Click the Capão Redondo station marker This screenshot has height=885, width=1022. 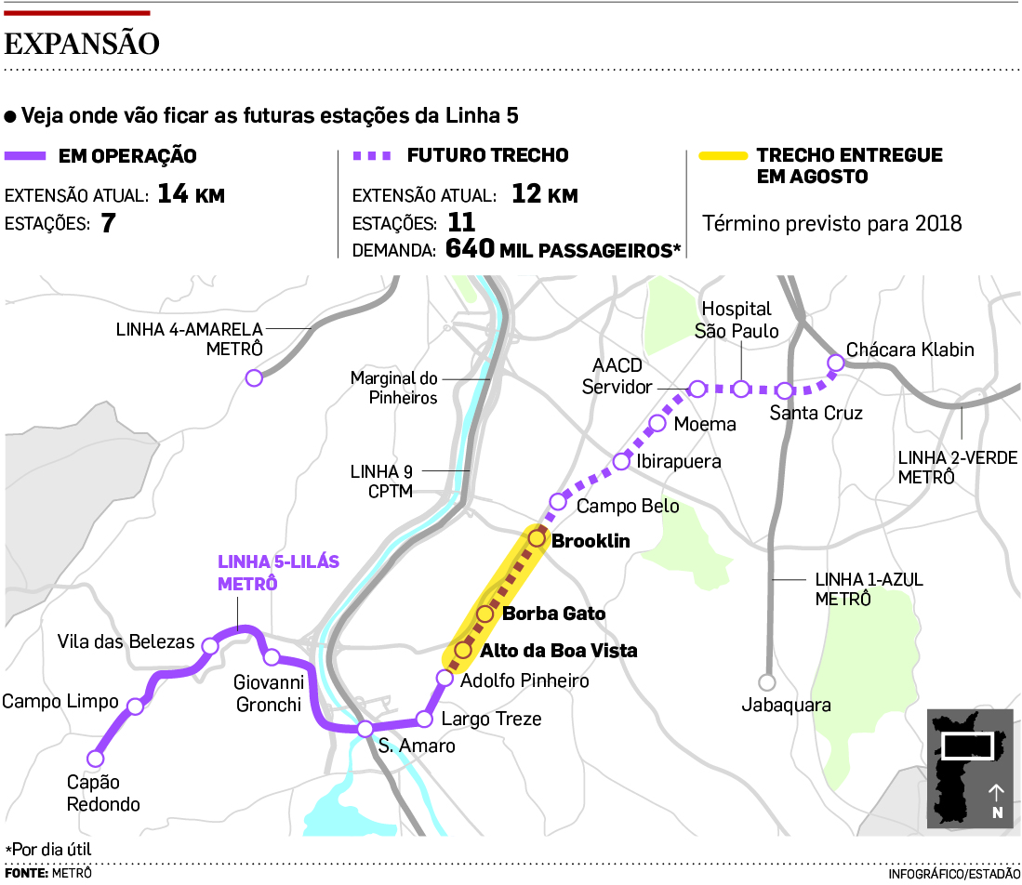[x=94, y=757]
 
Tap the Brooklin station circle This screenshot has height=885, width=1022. [x=537, y=538]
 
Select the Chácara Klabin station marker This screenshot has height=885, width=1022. [x=834, y=363]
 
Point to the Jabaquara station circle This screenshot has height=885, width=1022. [x=766, y=680]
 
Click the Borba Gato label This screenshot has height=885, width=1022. [x=553, y=614]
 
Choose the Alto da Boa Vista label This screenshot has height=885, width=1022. [x=558, y=651]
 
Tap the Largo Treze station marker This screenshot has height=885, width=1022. [x=424, y=719]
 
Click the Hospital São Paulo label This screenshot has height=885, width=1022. [x=737, y=319]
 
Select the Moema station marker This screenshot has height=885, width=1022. [x=657, y=424]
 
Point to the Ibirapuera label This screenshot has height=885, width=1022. [x=679, y=461]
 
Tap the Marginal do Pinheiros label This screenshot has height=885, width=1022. [x=393, y=388]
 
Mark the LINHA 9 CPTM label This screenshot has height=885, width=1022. [x=381, y=481]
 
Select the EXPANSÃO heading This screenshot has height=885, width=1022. [x=82, y=44]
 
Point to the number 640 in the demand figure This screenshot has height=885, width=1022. [x=470, y=249]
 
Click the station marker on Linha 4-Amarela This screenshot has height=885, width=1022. [x=253, y=377]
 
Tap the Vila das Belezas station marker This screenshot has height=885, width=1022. [x=211, y=645]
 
